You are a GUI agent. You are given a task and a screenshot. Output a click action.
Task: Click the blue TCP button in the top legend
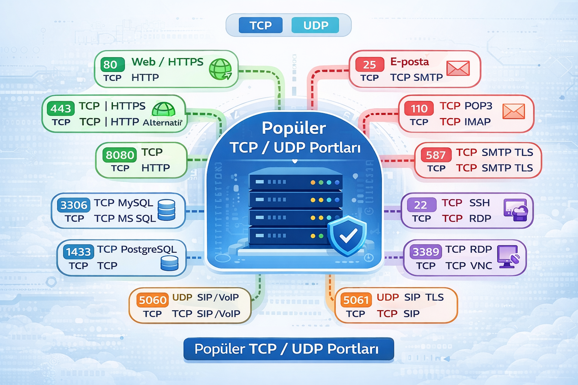pos(260,25)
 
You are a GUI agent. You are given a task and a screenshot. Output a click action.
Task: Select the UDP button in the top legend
pos(315,25)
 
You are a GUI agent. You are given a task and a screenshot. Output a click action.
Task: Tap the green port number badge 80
pos(112,64)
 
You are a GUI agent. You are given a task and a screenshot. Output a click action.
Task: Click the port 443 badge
pos(60,109)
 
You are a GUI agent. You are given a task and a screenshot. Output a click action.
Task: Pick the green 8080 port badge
pos(120,155)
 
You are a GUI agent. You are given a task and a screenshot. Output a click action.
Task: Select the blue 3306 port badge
pos(74,205)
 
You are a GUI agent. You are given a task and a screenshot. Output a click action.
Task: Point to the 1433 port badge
pos(78,252)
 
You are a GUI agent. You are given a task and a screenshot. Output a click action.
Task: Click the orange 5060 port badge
pos(152,300)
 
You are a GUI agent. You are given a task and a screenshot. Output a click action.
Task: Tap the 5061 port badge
pos(356,300)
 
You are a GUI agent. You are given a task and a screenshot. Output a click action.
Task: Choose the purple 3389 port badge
pos(426,252)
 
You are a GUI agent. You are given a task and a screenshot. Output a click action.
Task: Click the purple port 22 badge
pos(420,205)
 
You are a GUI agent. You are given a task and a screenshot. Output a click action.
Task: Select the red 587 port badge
pos(435,155)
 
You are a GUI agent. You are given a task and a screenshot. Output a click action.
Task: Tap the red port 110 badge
pos(419,109)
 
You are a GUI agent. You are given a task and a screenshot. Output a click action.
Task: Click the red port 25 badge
pos(369,65)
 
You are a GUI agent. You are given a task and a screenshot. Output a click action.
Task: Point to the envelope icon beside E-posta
pos(458,68)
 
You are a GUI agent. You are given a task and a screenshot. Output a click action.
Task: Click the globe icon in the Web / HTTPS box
pos(220,69)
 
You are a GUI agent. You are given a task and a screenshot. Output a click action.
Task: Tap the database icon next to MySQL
pos(166,210)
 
